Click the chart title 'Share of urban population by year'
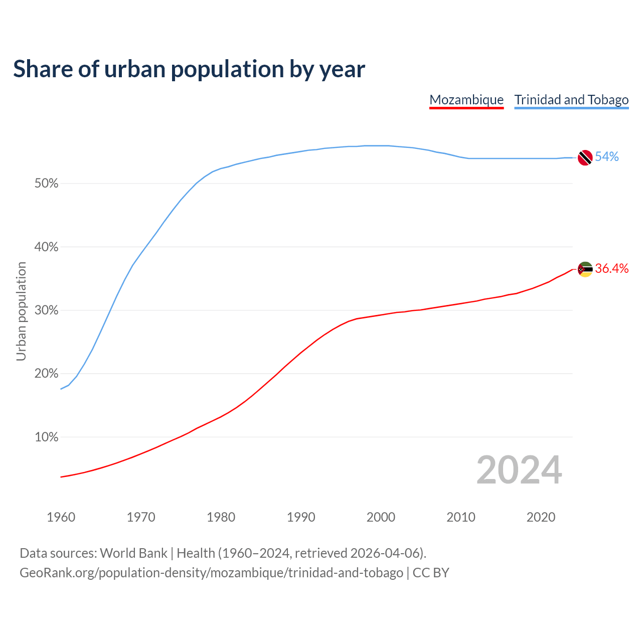coord(189,69)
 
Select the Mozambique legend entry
coord(466,100)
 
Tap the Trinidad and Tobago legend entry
coord(571,100)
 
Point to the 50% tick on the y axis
coord(47,184)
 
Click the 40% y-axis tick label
coord(47,247)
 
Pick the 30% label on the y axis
coord(47,310)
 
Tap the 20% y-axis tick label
coord(47,374)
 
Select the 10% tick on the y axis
coord(47,437)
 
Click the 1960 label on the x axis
coord(61,517)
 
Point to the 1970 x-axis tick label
coord(141,517)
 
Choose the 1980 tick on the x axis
coord(221,517)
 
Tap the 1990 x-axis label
coord(301,517)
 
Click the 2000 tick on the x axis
coord(381,517)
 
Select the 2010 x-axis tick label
coord(461,517)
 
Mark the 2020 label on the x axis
coord(541,517)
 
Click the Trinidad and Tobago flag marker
coord(585,157)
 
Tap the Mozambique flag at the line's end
coord(585,269)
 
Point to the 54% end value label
coord(607,157)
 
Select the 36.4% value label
coord(612,269)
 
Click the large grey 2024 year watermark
coord(519,470)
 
